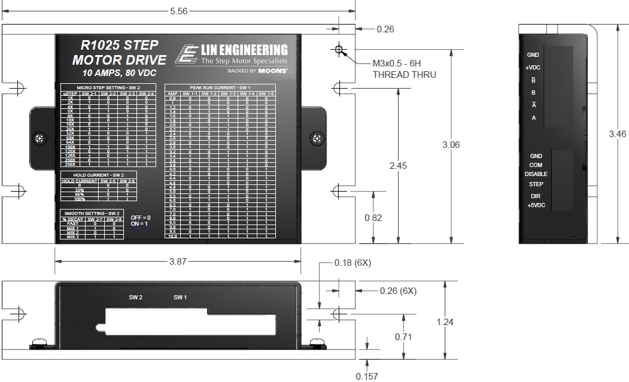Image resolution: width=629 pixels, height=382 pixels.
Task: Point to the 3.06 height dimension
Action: click(x=451, y=145)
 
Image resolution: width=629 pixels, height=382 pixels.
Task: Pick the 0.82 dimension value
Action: click(x=373, y=218)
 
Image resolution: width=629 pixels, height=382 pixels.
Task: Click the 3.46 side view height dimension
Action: click(x=617, y=134)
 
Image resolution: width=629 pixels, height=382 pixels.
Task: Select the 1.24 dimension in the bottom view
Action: click(x=445, y=322)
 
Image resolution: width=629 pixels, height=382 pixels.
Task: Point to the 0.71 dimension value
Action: click(x=403, y=336)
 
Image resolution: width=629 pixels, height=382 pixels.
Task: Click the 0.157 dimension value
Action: click(x=367, y=376)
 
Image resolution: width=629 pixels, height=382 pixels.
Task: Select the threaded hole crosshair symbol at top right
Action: click(x=340, y=50)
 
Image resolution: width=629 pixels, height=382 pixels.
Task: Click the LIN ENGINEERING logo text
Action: click(x=244, y=50)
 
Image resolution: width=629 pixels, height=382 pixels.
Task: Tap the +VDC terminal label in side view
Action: click(x=533, y=68)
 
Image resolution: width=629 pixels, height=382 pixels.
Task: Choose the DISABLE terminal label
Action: click(x=536, y=174)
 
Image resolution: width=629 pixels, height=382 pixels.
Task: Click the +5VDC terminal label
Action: click(x=536, y=205)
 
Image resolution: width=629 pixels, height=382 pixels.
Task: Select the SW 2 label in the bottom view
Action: click(x=136, y=297)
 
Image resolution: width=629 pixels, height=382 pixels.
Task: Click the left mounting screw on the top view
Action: click(x=39, y=138)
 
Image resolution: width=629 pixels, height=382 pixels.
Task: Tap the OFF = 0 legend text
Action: click(x=141, y=217)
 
